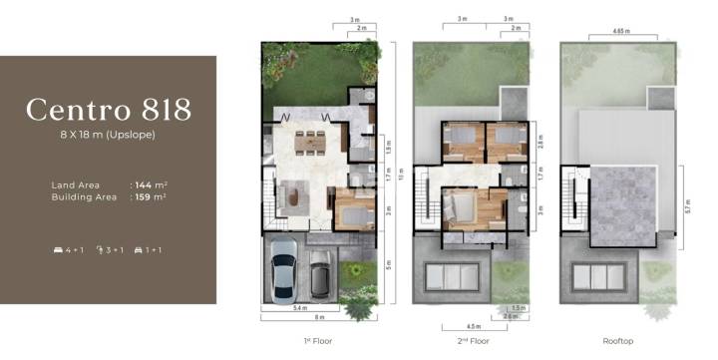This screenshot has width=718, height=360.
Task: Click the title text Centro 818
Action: click(109, 108)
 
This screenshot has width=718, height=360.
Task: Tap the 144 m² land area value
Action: click(151, 184)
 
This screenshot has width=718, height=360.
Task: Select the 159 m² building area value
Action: click(151, 197)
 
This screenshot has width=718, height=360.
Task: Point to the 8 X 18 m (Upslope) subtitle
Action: click(109, 134)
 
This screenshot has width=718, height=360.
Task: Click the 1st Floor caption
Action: click(320, 339)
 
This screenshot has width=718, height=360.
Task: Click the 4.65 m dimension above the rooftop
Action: click(609, 35)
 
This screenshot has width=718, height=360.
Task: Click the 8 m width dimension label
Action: click(319, 318)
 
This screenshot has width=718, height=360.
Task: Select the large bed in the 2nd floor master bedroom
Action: click(463, 209)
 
